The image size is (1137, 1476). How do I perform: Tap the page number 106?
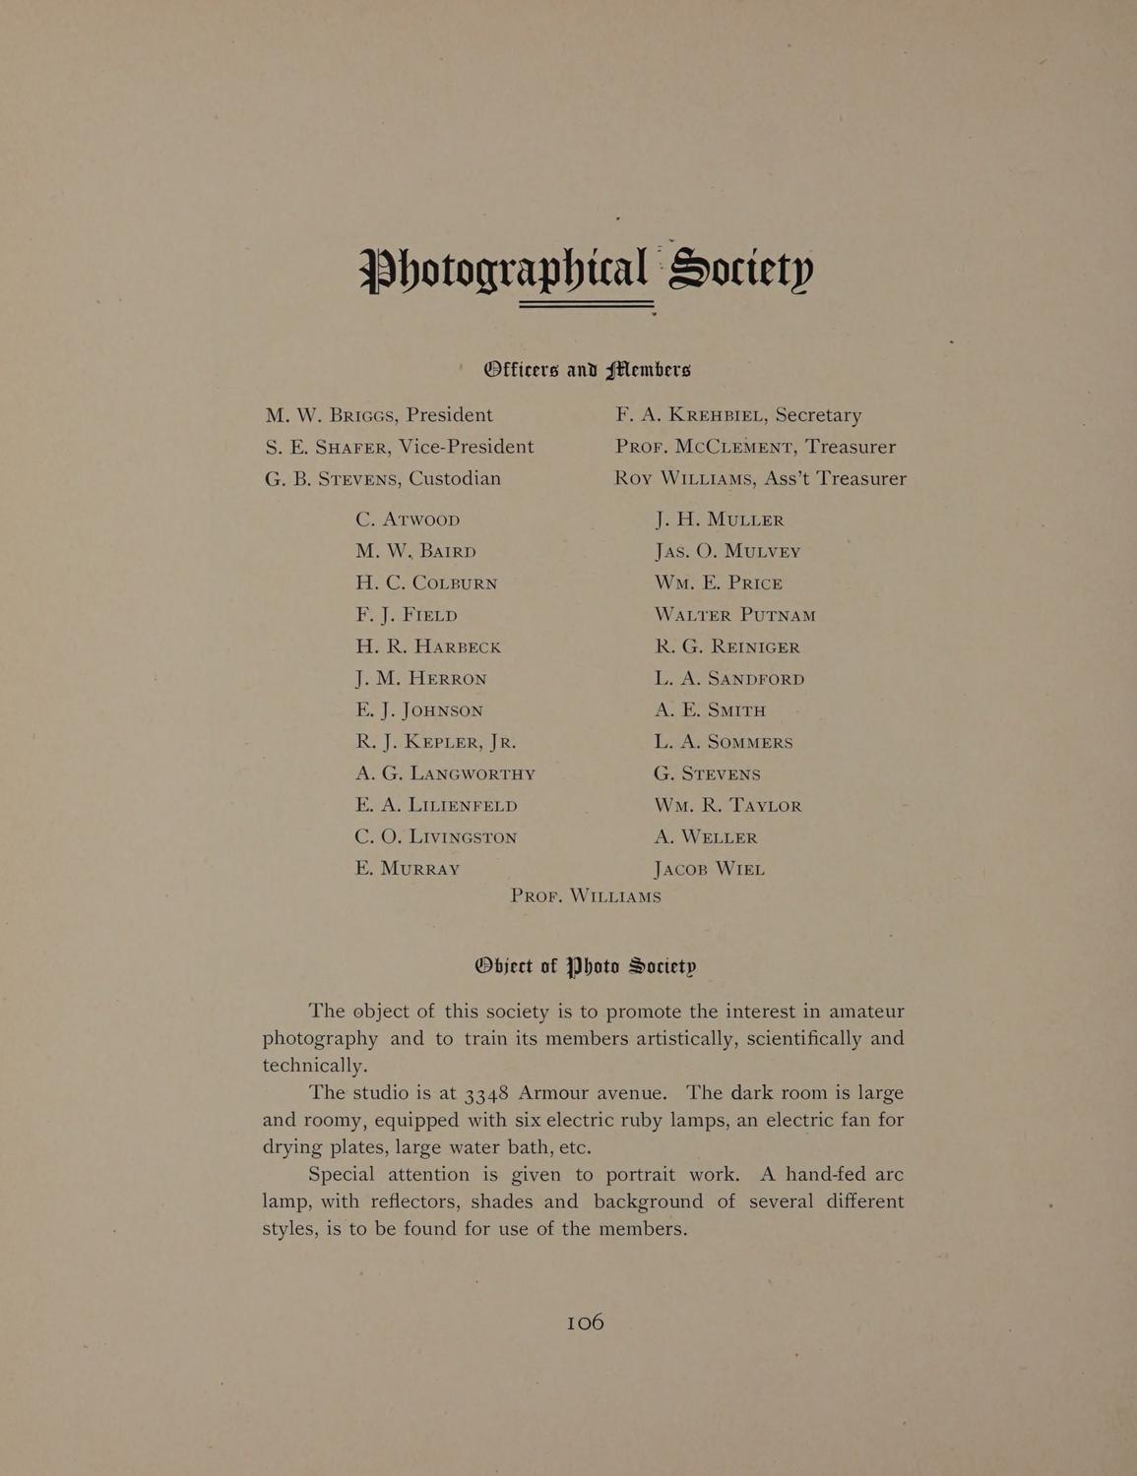click(585, 1322)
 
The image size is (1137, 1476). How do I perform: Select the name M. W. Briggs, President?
click(379, 415)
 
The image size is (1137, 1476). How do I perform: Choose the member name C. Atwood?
click(409, 520)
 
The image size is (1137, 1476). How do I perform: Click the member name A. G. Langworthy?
click(445, 773)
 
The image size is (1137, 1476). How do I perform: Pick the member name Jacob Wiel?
click(709, 869)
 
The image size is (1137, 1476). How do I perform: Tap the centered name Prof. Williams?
click(586, 896)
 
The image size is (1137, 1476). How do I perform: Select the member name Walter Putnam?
click(734, 615)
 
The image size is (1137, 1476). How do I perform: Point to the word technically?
click(315, 1067)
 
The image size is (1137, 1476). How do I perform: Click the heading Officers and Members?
click(587, 370)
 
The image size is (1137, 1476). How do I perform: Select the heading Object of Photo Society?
click(586, 965)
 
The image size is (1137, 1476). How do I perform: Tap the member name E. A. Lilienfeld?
click(436, 805)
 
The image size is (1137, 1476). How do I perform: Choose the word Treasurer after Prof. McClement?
click(848, 447)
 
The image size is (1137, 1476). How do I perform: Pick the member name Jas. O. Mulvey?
click(726, 551)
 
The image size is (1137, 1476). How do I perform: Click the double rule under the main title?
click(587, 304)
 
